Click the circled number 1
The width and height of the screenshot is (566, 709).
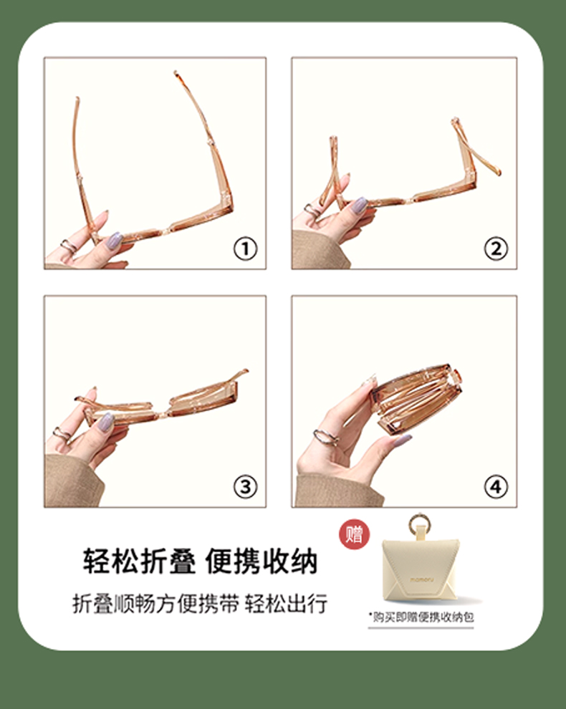tap(245, 249)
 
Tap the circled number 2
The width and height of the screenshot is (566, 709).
tap(496, 249)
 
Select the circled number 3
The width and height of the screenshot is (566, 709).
tap(245, 487)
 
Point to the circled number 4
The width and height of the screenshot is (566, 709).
tap(496, 487)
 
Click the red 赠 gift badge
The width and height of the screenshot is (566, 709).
tap(354, 534)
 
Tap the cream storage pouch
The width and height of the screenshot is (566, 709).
tap(421, 571)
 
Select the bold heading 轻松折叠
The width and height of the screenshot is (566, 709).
tap(140, 561)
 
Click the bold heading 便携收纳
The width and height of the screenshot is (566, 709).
tap(262, 561)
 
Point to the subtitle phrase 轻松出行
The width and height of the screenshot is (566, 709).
tap(286, 604)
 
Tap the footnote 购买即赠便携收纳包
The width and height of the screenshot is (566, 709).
tap(423, 617)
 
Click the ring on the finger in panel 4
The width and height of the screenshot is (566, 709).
tap(326, 436)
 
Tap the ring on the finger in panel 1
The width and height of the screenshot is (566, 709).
tap(69, 246)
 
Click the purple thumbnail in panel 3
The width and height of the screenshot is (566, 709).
tap(106, 421)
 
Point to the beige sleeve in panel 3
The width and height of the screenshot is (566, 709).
tap(72, 481)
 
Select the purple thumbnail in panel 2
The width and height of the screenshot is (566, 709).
tap(360, 206)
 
